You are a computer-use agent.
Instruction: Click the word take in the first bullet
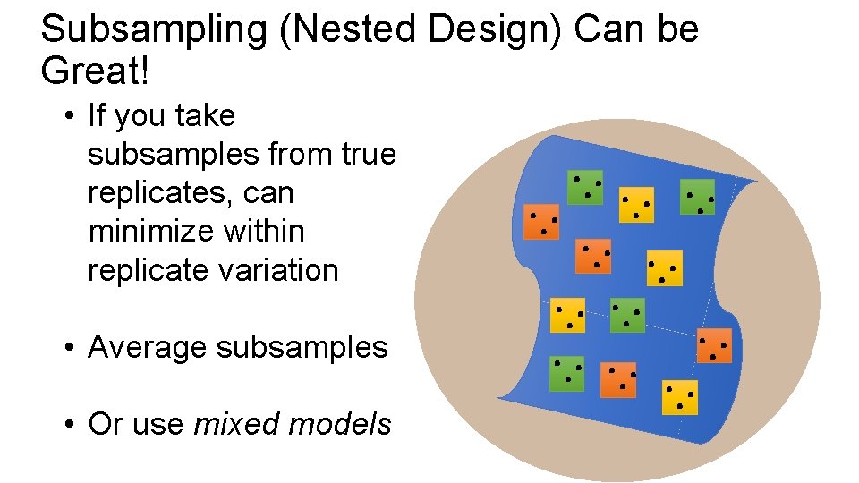coord(206,116)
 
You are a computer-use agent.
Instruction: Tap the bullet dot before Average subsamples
coord(69,348)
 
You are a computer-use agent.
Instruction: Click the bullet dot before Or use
coord(69,425)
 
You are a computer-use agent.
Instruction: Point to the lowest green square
coord(566,374)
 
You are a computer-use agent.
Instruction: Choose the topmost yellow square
coord(637,205)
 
